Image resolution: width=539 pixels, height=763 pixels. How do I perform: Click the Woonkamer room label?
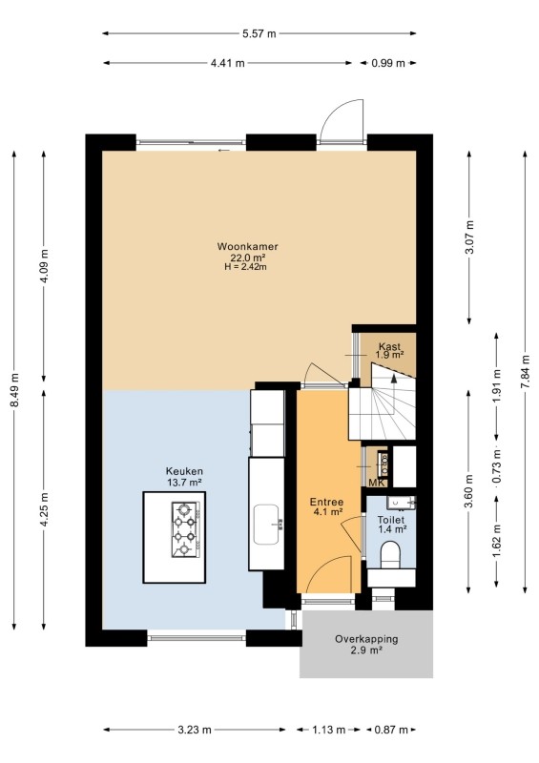tap(247, 246)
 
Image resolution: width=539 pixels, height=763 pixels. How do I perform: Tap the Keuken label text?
tap(184, 471)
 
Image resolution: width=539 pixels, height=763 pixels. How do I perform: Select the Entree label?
tap(326, 502)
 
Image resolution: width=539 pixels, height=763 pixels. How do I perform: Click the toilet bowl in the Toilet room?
tap(390, 555)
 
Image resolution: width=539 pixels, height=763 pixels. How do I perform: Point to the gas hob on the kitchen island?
tap(185, 529)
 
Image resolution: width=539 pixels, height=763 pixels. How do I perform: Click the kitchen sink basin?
tap(267, 525)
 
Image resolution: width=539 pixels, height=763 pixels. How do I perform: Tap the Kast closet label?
tap(389, 346)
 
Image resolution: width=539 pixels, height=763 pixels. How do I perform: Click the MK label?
tap(378, 483)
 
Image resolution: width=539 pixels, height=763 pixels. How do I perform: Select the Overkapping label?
tap(366, 639)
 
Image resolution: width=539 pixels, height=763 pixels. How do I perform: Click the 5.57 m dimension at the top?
tap(259, 33)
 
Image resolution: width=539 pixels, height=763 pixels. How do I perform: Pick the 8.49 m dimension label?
tap(14, 391)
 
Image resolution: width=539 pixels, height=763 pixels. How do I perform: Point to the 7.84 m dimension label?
tap(525, 371)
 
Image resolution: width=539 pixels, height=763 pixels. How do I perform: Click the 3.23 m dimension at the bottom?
tap(195, 730)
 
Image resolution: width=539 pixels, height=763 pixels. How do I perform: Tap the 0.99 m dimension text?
tap(388, 63)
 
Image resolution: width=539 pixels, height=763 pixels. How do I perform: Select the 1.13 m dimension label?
tap(329, 730)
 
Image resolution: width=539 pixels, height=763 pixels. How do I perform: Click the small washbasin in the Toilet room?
tap(402, 503)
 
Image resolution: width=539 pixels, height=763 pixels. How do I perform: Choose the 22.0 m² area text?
tap(247, 258)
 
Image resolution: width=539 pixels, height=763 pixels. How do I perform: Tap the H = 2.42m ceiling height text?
tap(245, 267)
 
